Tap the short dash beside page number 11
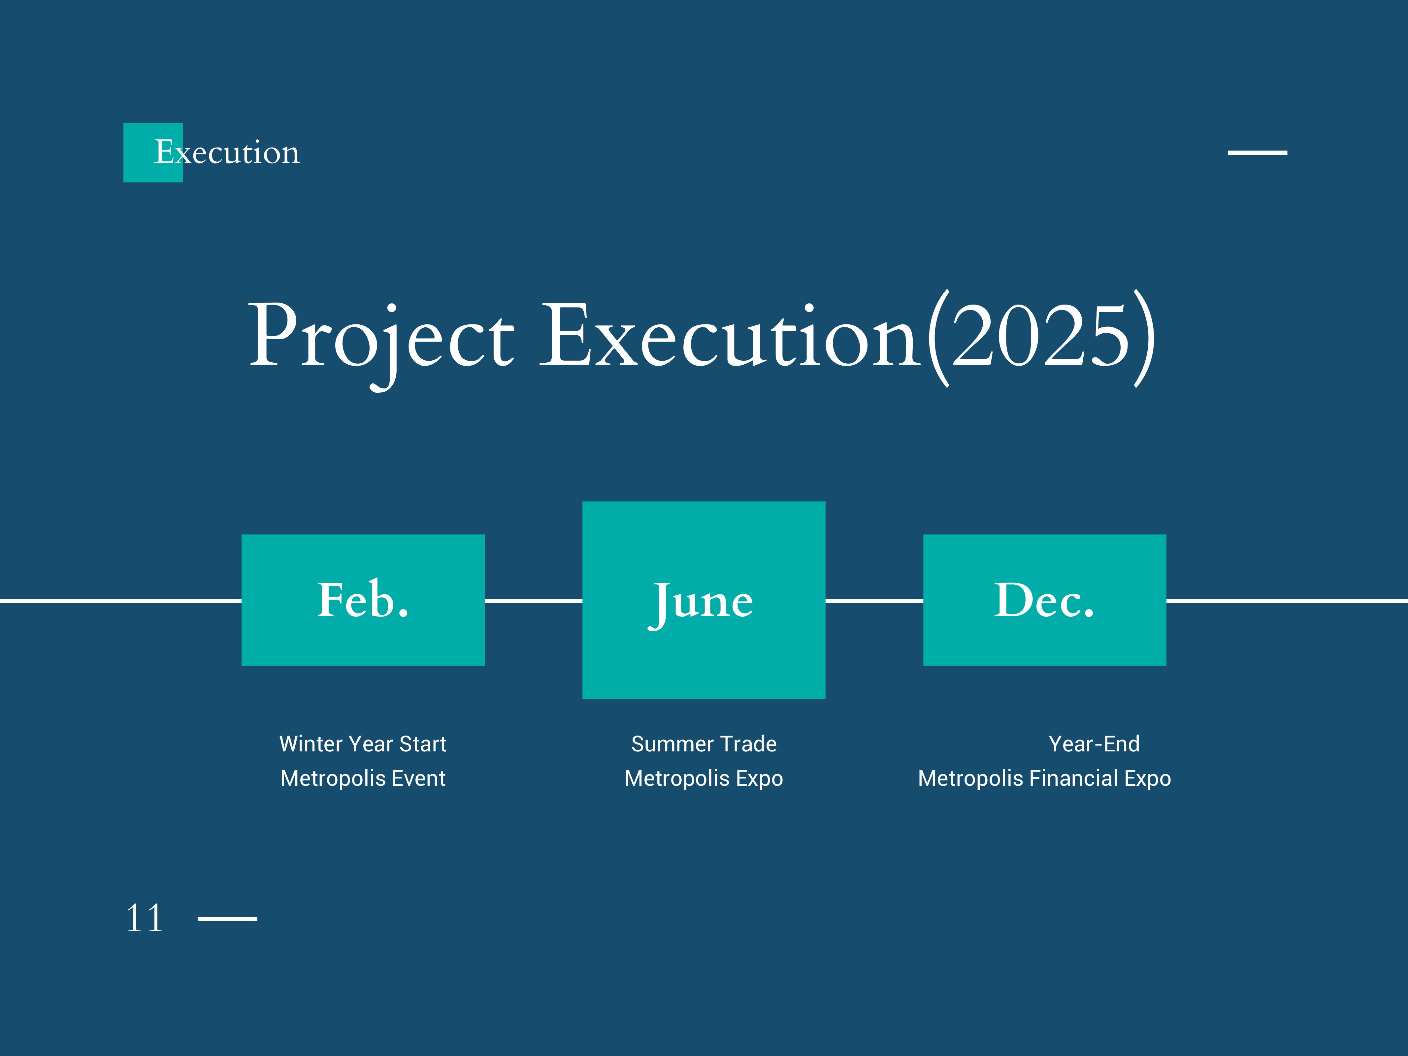227,918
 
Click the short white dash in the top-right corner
1257,153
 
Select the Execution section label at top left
227,152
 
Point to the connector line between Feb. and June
534,600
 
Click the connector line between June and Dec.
874,600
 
